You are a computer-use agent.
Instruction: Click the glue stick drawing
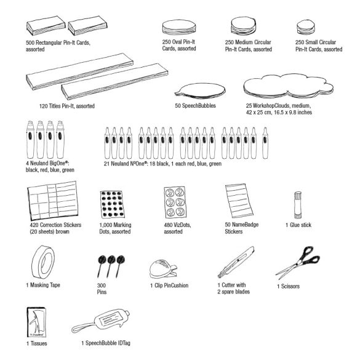[x=298, y=205]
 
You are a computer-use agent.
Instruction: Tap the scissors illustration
[x=298, y=262]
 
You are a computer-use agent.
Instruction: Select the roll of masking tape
[x=43, y=262]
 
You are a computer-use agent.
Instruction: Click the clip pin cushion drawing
[x=162, y=269]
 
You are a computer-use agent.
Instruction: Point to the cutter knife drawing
[x=236, y=262]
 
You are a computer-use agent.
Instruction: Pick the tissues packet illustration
[x=36, y=322]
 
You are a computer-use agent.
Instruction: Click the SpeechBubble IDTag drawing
[x=100, y=321]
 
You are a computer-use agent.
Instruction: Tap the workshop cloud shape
[x=289, y=86]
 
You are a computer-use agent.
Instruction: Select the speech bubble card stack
[x=200, y=91]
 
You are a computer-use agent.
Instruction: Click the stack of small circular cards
[x=306, y=27]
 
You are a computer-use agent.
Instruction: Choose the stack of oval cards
[x=179, y=27]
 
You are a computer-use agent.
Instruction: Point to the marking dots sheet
[x=113, y=204]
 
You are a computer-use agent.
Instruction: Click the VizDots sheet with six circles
[x=175, y=202]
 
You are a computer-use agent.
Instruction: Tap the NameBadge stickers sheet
[x=239, y=201]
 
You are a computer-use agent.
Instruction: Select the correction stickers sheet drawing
[x=53, y=201]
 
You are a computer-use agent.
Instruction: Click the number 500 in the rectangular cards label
[x=30, y=42]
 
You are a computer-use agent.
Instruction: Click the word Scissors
[x=290, y=286]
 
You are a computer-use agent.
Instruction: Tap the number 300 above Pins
[x=102, y=286]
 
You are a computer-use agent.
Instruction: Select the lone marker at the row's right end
[x=265, y=143]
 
